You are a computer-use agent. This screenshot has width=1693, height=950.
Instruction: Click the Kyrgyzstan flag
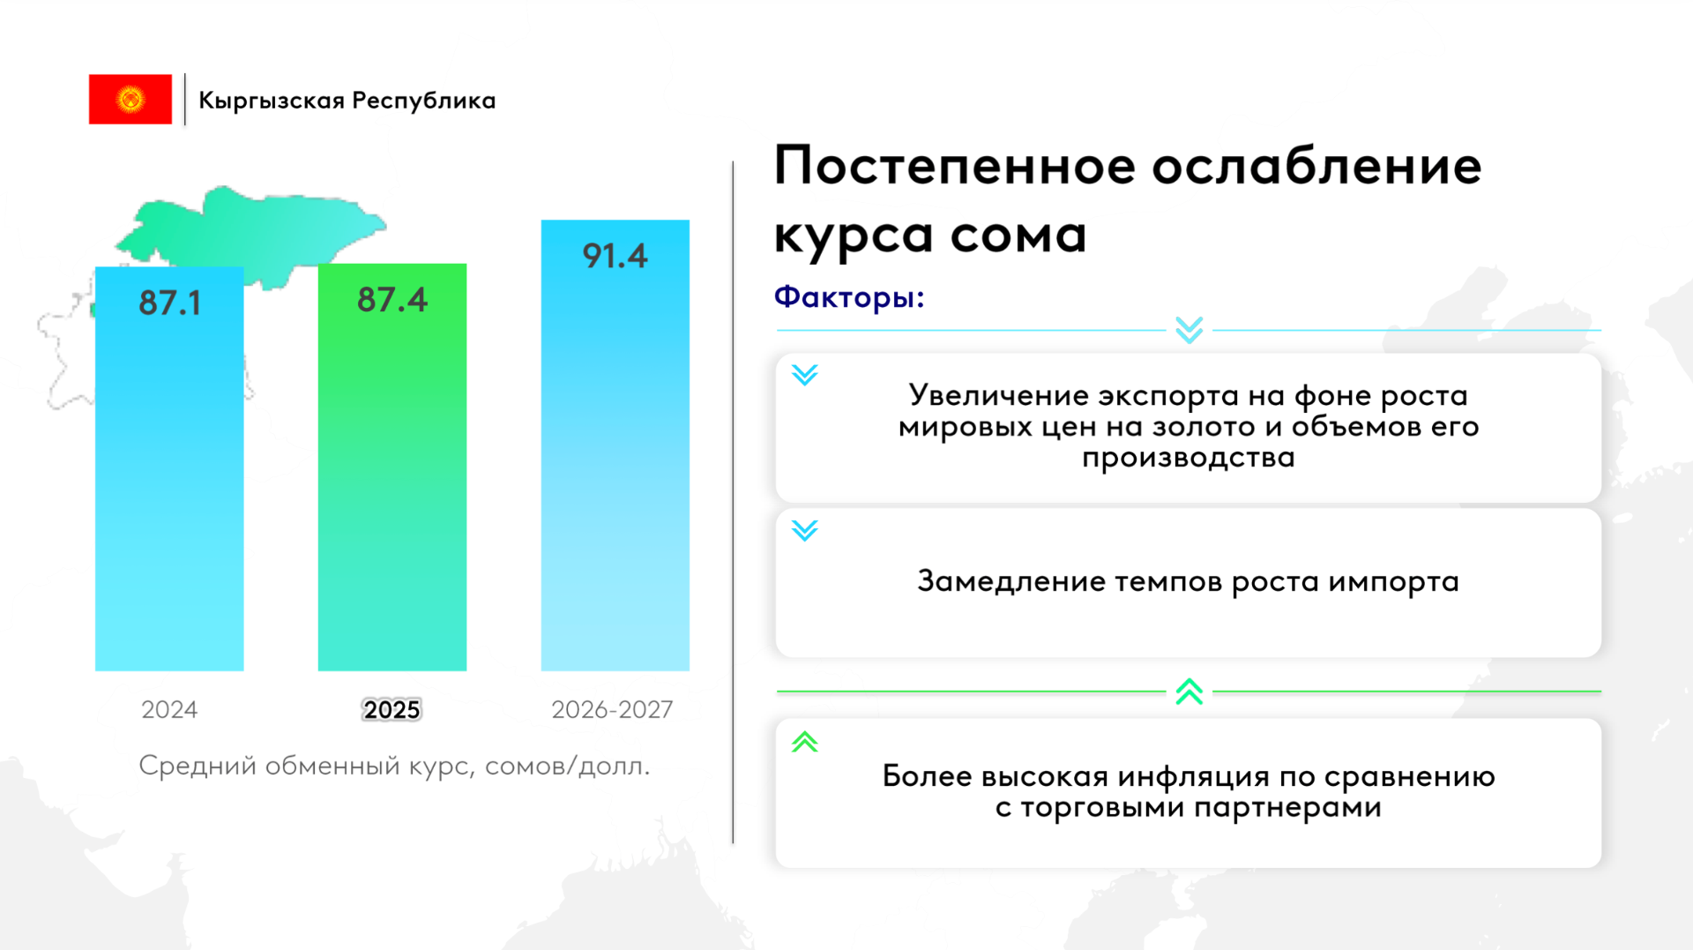pos(131,99)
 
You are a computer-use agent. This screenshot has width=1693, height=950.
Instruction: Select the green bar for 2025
pos(392,468)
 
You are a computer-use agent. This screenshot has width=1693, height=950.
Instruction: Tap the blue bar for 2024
pos(169,469)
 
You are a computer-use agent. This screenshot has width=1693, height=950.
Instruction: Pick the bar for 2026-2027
pos(615,445)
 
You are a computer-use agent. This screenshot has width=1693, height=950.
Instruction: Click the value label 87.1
pos(170,303)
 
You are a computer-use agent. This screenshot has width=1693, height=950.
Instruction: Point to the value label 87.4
pos(392,300)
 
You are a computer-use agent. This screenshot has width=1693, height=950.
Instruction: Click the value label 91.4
pos(615,256)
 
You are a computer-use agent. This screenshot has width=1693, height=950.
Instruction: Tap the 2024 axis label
pos(169,709)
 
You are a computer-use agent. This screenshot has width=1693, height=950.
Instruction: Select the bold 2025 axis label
pos(392,709)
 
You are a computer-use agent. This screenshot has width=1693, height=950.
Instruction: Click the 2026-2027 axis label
pos(612,709)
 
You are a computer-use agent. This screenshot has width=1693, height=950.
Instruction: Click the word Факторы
pos(845,297)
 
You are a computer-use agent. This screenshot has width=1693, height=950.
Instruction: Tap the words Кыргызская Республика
pos(347,101)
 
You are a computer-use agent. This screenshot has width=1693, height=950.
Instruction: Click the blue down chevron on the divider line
pos(1190,330)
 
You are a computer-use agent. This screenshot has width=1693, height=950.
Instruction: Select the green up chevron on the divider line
pos(1190,691)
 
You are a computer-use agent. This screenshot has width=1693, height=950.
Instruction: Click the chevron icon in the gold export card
pos(805,375)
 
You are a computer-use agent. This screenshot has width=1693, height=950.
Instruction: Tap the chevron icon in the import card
pos(805,530)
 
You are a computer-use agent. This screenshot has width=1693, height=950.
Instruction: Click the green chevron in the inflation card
pos(805,742)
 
